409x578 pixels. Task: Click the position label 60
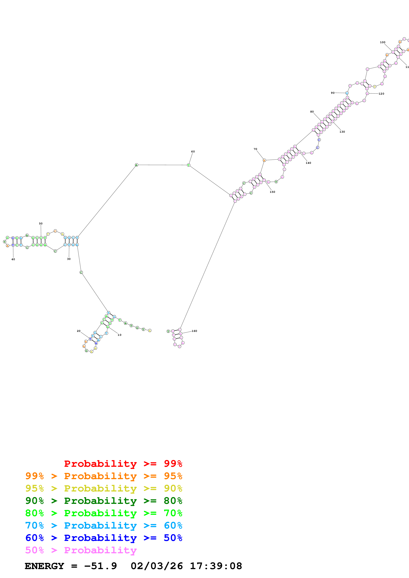[193, 152]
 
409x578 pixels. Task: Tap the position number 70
[255, 149]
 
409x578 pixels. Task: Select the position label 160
[194, 331]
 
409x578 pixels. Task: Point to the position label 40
[13, 259]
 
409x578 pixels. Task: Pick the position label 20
[79, 331]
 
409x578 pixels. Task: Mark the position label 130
[342, 132]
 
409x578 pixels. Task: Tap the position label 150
[272, 192]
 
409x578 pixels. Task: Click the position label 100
[383, 42]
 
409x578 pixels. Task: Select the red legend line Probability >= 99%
[123, 463]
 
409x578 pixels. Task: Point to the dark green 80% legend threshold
[173, 501]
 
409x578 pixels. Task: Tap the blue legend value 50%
[173, 538]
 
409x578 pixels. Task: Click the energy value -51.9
[100, 566]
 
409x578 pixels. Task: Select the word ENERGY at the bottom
[44, 566]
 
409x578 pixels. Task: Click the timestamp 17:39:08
[216, 566]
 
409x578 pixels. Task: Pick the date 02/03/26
[157, 566]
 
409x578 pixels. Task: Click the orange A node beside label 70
[264, 160]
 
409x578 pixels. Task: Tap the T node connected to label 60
[189, 165]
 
